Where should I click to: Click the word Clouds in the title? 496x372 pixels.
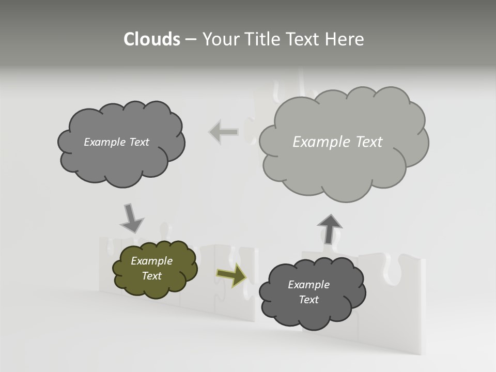coord(151,39)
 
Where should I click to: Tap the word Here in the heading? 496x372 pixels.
coord(344,39)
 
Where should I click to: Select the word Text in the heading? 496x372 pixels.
coord(303,39)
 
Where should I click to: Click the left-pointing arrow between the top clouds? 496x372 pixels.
coord(224,132)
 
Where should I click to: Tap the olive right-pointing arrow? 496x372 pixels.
coord(231,275)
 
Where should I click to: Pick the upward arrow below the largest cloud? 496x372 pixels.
coord(330,228)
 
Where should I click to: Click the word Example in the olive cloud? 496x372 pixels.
coord(151,261)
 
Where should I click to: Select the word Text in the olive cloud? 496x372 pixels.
coord(151,276)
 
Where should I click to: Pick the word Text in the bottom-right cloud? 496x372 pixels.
coord(308,300)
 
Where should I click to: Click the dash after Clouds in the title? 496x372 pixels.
coord(190,40)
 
